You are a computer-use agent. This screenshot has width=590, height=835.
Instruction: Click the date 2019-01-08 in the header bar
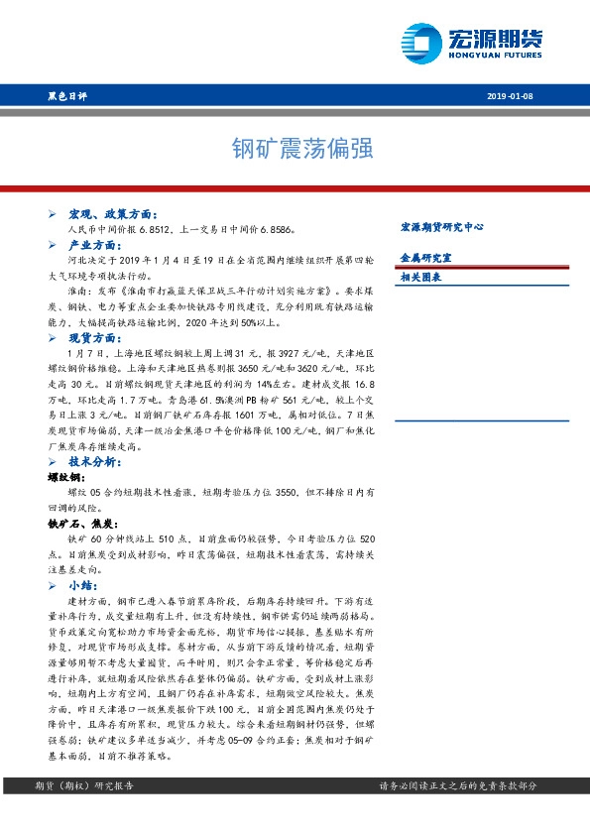pyautogui.click(x=511, y=96)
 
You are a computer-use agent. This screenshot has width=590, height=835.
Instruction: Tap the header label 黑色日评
pyautogui.click(x=67, y=96)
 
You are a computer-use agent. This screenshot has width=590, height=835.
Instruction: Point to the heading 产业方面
pyautogui.click(x=93, y=244)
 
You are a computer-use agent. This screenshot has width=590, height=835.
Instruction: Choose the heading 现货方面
pyautogui.click(x=93, y=338)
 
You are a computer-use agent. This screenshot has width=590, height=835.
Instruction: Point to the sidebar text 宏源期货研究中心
pyautogui.click(x=441, y=227)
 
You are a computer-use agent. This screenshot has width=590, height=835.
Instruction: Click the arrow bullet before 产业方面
pyautogui.click(x=54, y=244)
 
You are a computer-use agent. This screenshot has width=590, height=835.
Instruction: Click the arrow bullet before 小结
pyautogui.click(x=54, y=585)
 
